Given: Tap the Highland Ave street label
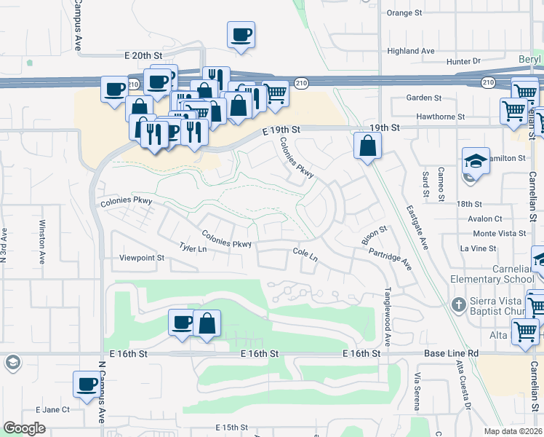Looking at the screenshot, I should (411, 51).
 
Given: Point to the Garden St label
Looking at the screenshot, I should (424, 98).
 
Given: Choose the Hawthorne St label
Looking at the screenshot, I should (441, 117).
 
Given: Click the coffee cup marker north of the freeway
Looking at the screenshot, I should (241, 35).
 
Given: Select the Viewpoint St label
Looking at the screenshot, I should (143, 258).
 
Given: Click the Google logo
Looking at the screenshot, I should (24, 428).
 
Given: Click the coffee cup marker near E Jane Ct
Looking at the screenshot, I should (87, 385).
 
